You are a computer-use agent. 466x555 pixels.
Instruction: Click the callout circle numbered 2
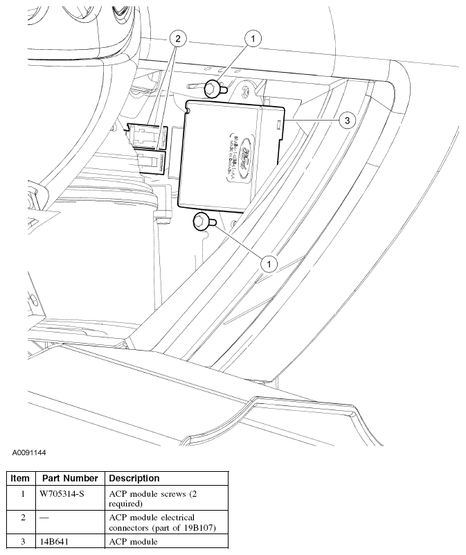click(x=177, y=39)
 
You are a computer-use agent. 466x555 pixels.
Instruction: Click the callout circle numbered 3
click(x=347, y=121)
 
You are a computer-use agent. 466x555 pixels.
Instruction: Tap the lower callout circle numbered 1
click(x=268, y=263)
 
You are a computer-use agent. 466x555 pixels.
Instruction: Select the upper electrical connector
click(x=147, y=136)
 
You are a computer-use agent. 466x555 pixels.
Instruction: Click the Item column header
click(x=20, y=478)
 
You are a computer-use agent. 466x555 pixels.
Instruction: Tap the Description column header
click(x=134, y=478)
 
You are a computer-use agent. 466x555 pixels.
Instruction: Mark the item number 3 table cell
click(x=22, y=543)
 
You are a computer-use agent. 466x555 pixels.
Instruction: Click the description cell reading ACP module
click(x=134, y=543)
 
